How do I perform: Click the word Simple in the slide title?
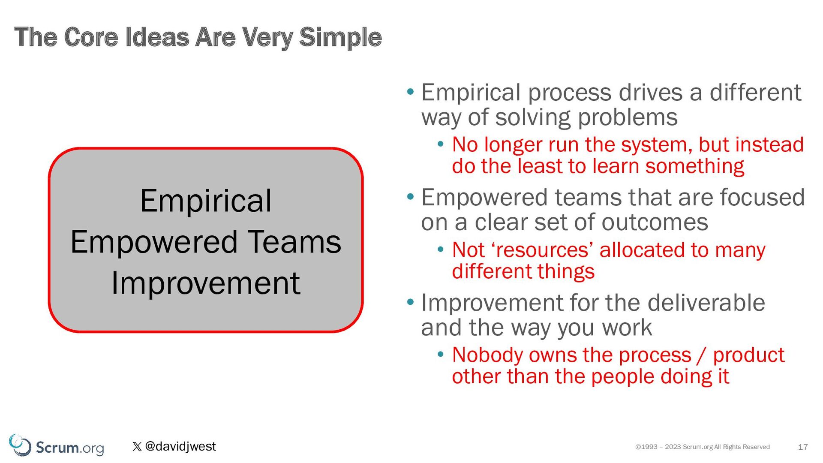pos(340,38)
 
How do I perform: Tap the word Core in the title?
pos(91,37)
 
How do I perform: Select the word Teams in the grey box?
pos(294,242)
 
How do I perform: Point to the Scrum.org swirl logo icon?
pos(20,445)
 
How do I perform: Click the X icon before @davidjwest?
pos(137,447)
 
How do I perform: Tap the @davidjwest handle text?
pos(180,446)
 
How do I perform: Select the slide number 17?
pos(803,447)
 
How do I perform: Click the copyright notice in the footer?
pos(703,447)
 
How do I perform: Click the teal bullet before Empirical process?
pos(411,91)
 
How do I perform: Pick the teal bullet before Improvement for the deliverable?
pos(411,302)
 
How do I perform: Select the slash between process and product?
pos(702,356)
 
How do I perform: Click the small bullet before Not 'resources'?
pos(440,250)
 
